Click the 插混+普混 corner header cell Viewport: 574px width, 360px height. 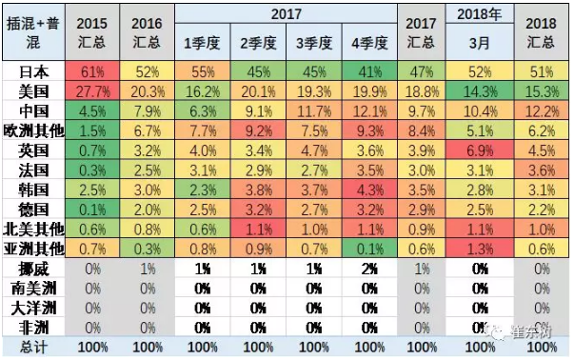click(x=34, y=30)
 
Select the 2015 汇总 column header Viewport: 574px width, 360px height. click(x=91, y=30)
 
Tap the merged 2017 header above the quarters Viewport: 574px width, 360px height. click(x=286, y=13)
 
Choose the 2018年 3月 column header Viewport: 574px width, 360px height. click(x=480, y=30)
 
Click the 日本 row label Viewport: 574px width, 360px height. click(x=34, y=71)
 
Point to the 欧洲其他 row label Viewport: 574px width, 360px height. click(x=34, y=130)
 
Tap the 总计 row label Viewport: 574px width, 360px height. click(x=34, y=347)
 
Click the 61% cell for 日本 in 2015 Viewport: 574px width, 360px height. click(x=91, y=71)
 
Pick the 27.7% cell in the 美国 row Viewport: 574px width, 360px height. click(x=91, y=91)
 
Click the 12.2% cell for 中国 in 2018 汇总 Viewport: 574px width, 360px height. click(x=541, y=110)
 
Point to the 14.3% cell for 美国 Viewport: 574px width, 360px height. click(x=480, y=91)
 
